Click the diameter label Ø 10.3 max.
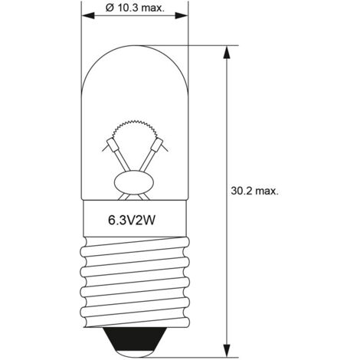135,8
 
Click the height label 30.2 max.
254,191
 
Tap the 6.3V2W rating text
132,221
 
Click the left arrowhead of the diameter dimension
88,15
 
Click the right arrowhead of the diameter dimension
182,15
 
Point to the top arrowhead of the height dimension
227,52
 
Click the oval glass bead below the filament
134,182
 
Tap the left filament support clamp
112,145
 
